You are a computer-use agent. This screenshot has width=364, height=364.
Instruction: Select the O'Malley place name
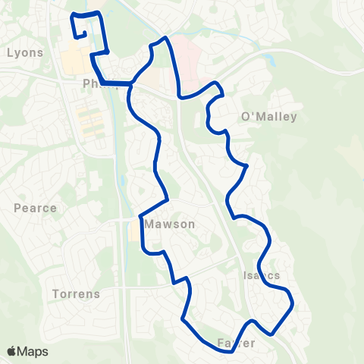[268, 117]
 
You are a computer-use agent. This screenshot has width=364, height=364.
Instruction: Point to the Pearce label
[36, 208]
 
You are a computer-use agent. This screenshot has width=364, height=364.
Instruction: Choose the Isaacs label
[263, 275]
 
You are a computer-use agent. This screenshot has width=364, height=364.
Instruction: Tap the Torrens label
[77, 293]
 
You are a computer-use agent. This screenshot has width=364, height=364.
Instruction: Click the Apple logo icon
[12, 351]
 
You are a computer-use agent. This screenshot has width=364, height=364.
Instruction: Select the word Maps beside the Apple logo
[33, 351]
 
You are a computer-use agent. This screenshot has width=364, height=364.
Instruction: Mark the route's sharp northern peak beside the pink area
[164, 38]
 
